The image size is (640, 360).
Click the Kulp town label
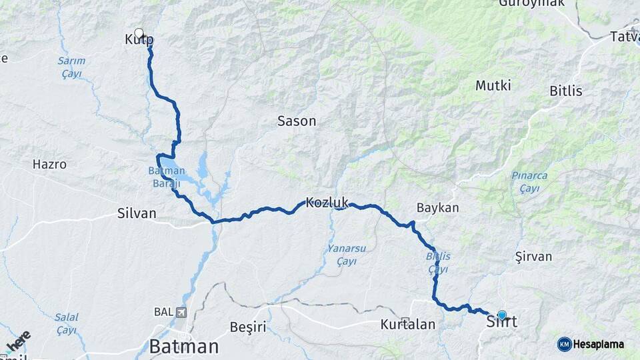(x=139, y=40)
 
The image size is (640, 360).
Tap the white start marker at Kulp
(x=139, y=33)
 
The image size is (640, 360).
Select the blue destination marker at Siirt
(x=502, y=315)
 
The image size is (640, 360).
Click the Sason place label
(x=297, y=121)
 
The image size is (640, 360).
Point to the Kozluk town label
(x=327, y=202)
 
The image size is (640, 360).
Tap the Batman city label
(x=184, y=346)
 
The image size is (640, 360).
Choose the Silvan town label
(x=137, y=213)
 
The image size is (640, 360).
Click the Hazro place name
(x=49, y=164)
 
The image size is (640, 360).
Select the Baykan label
(x=437, y=208)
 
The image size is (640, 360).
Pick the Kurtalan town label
(x=407, y=325)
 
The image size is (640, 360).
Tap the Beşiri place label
(x=247, y=327)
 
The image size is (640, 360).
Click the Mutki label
(x=493, y=85)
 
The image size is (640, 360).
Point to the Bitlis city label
(x=566, y=91)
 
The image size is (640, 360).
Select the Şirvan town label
(x=533, y=257)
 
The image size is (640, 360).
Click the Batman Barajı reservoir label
(x=166, y=175)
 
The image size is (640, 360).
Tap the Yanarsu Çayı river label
(x=346, y=254)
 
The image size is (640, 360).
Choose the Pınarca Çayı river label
(x=529, y=181)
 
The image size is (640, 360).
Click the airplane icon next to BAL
(x=182, y=311)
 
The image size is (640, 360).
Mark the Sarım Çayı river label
(x=71, y=67)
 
